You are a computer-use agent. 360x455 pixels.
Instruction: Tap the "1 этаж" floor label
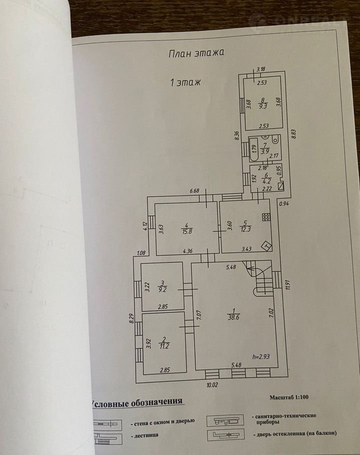tap(185, 82)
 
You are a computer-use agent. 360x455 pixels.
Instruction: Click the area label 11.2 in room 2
tap(164, 344)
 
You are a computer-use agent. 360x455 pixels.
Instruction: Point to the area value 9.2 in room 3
tap(162, 288)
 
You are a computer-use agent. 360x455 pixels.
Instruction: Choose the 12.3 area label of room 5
tap(245, 228)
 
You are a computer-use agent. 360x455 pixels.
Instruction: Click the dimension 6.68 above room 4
tap(194, 190)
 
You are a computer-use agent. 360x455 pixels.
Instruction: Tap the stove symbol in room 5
tap(266, 217)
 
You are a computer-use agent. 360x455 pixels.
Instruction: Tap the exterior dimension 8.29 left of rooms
tap(131, 318)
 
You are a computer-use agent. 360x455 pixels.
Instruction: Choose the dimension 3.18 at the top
tap(260, 69)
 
